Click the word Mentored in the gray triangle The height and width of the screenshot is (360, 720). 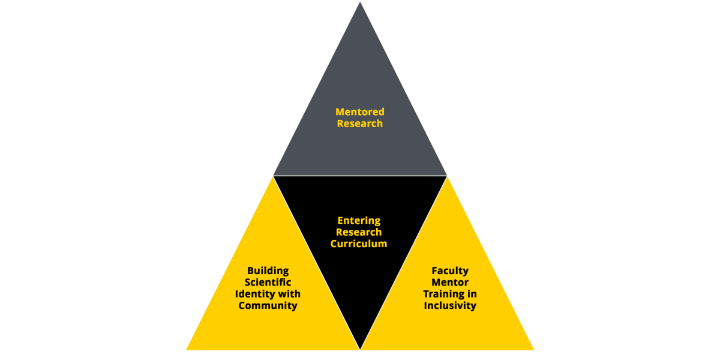coord(360,112)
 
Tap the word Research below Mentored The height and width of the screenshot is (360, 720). coord(360,124)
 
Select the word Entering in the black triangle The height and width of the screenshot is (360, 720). coord(359,221)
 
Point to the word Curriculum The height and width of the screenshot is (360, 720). coord(359,244)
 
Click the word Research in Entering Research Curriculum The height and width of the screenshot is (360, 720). coord(359,232)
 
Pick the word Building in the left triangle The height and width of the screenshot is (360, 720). coord(268,271)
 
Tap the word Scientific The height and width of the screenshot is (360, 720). coord(268,282)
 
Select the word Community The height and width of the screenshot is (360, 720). coord(268,305)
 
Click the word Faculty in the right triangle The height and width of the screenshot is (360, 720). coord(450,271)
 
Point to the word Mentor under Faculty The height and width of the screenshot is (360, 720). coord(450,282)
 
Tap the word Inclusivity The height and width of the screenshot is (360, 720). coord(450,305)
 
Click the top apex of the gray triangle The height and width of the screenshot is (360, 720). coord(360,2)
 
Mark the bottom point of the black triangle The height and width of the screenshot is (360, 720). coord(360,349)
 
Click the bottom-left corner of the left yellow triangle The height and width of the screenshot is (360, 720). coord(186,350)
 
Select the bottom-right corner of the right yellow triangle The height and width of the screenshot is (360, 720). coord(534,350)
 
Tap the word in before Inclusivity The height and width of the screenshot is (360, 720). coord(472,294)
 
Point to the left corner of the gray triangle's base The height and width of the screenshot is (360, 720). coord(274,175)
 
